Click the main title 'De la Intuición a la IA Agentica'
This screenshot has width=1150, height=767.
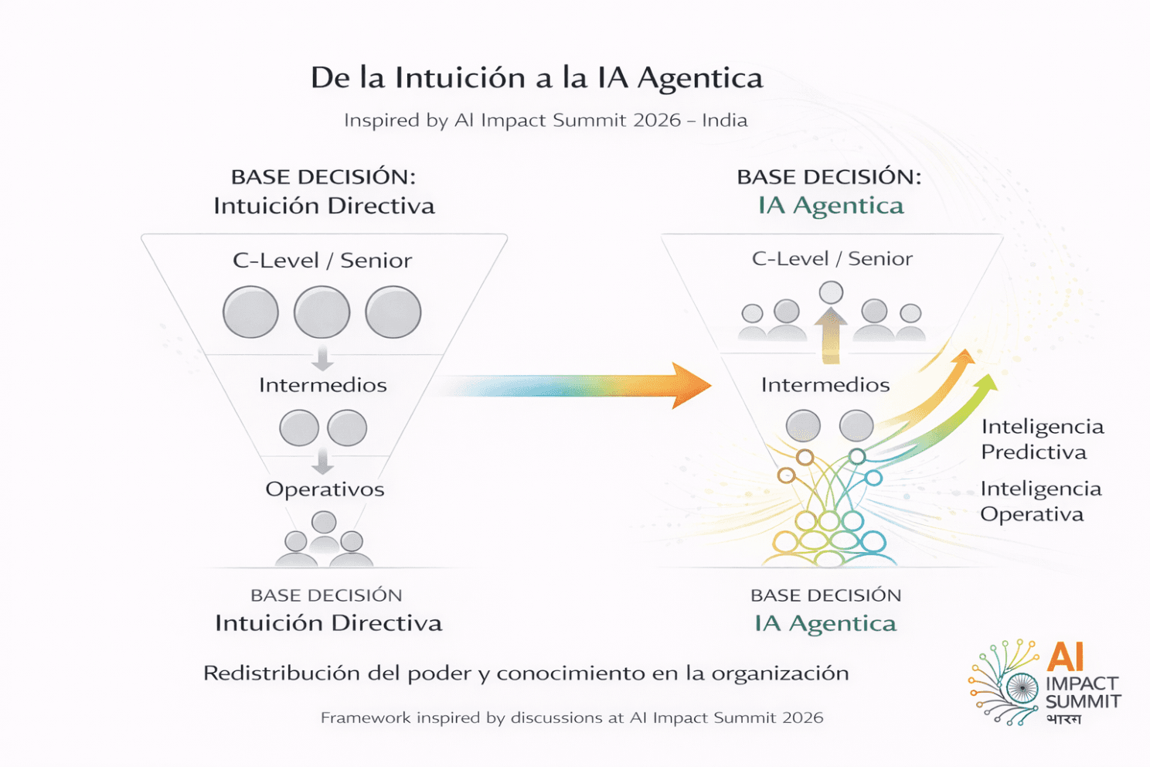click(x=536, y=78)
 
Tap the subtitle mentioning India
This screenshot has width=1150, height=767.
click(x=546, y=121)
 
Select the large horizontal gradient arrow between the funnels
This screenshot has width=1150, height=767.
click(x=572, y=384)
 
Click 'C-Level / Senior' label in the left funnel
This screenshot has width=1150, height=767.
click(x=322, y=261)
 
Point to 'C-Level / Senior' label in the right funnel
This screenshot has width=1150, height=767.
click(x=832, y=259)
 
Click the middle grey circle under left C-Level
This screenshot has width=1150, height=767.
click(x=322, y=312)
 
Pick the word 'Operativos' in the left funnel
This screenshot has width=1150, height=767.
click(x=325, y=489)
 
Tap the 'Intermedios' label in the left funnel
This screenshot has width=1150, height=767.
click(x=322, y=385)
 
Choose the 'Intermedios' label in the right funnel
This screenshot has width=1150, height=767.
click(x=825, y=385)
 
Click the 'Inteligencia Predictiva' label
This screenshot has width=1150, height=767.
click(x=1042, y=439)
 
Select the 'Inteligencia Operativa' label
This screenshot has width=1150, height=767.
click(x=1040, y=501)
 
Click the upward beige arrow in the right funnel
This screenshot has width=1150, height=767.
click(x=831, y=334)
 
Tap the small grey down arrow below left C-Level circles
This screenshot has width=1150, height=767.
click(x=322, y=360)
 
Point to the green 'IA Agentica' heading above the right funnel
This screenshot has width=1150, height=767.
click(x=830, y=206)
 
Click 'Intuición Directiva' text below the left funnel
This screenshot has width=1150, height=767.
click(x=328, y=623)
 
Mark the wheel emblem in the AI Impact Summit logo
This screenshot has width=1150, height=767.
click(x=1022, y=687)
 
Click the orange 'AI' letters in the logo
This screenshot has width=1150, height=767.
click(x=1066, y=657)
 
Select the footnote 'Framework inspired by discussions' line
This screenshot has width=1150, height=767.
click(x=572, y=718)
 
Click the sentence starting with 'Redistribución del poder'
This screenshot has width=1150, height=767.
click(x=526, y=673)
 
